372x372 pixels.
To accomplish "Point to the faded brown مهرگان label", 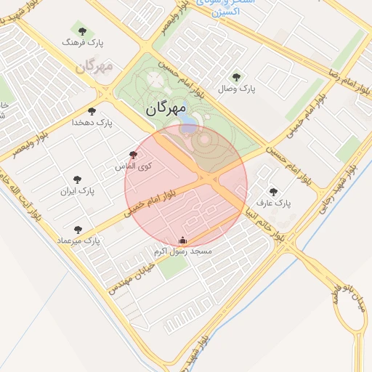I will (x=94, y=67).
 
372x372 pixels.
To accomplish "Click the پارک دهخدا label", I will (x=92, y=123).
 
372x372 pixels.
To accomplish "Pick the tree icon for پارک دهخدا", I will (x=92, y=111).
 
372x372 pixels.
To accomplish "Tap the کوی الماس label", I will (x=134, y=166).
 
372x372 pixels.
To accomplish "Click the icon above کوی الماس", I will (x=132, y=155).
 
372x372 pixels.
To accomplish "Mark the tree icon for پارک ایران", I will (x=78, y=179).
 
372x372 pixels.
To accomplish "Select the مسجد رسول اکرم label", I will (x=182, y=251).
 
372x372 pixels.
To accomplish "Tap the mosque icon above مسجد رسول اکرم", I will (x=182, y=240).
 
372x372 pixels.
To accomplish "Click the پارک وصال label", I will (x=236, y=89).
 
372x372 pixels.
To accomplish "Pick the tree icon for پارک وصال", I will (x=235, y=77).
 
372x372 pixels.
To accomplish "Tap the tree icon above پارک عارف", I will (x=273, y=192).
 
